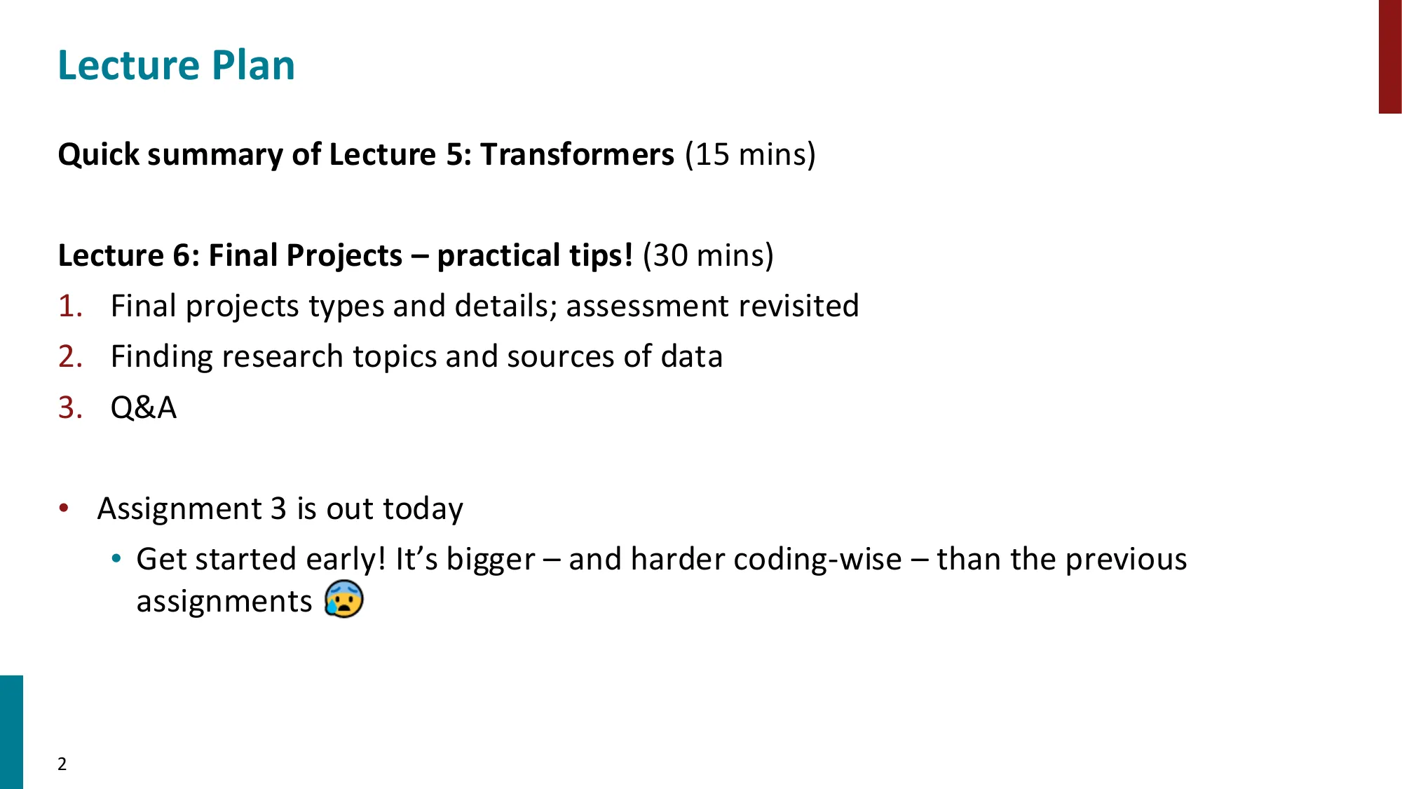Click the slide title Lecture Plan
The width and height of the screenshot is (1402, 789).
(176, 66)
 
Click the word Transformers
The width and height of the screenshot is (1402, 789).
(577, 154)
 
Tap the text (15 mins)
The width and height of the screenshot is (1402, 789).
(750, 154)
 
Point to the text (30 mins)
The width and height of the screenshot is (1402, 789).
(708, 255)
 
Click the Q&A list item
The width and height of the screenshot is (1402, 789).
(144, 407)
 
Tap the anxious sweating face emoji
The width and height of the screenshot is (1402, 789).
(343, 599)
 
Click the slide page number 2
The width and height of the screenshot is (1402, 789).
(62, 764)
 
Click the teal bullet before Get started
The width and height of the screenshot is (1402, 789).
(116, 559)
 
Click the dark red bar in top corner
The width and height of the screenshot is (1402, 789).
(1389, 56)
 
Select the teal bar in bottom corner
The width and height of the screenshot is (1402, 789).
(11, 731)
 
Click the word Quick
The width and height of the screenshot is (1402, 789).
(98, 154)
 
